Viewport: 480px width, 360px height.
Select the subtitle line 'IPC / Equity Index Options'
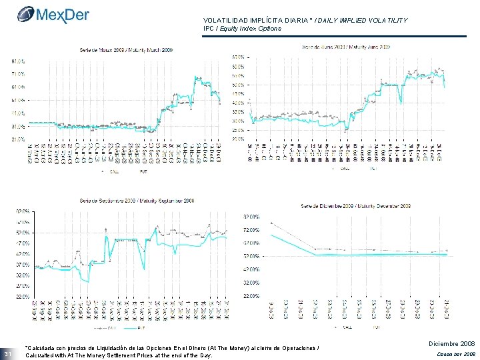(x=247, y=29)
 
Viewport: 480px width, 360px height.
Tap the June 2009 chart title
(x=347, y=47)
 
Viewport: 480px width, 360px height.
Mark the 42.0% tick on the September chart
(x=23, y=254)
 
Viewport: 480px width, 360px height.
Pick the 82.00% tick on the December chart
(x=251, y=217)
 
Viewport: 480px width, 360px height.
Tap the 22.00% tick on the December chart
(x=251, y=295)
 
